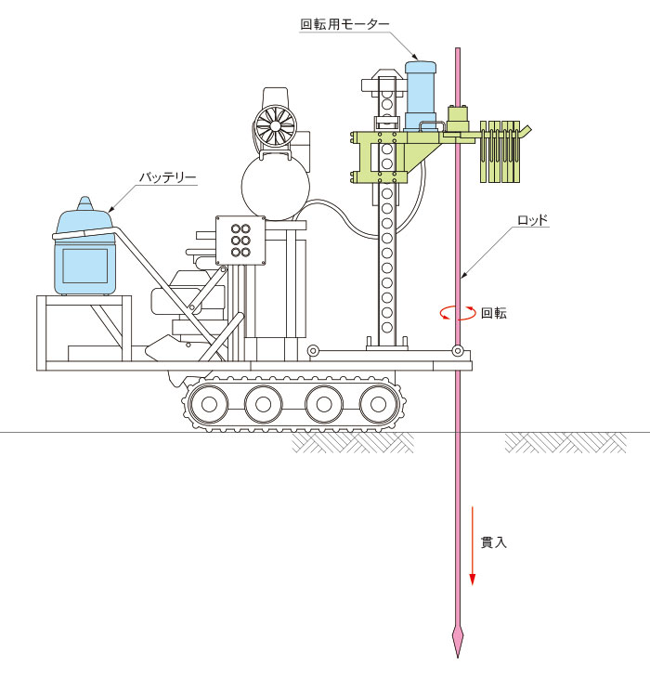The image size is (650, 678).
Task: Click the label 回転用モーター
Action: click(x=344, y=24)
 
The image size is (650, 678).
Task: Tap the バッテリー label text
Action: click(x=168, y=176)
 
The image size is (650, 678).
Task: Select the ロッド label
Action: click(x=533, y=220)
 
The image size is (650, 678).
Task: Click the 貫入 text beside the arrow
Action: click(x=494, y=542)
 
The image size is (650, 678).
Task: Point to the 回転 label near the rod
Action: click(x=494, y=313)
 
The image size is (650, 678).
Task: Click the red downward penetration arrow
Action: click(x=473, y=546)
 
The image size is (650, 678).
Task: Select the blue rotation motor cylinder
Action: click(x=420, y=96)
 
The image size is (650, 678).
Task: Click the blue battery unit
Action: click(x=84, y=252)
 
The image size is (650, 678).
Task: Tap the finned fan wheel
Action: click(x=275, y=125)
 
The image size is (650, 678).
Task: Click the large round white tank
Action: click(x=275, y=187)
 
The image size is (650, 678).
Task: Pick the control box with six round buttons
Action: click(x=240, y=241)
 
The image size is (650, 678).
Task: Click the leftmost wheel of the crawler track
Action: click(x=209, y=404)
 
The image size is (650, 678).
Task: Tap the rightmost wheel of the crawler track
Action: click(x=378, y=404)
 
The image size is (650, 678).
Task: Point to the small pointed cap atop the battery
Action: click(x=84, y=203)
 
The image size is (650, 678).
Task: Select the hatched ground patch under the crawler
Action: click(x=352, y=442)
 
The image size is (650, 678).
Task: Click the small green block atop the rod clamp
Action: click(x=458, y=118)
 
